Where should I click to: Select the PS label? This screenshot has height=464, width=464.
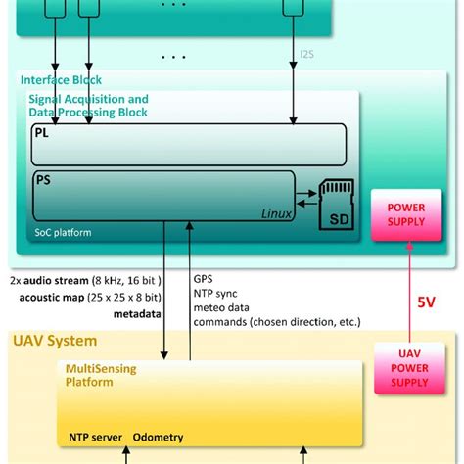(43, 180)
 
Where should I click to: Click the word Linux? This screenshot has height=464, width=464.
(277, 213)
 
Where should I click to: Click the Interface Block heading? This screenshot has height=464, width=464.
(61, 79)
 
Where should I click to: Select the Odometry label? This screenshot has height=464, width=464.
(158, 437)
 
